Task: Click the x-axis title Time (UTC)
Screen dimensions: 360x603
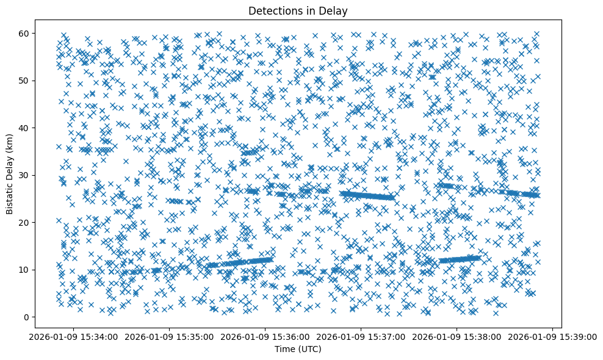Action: click(x=298, y=349)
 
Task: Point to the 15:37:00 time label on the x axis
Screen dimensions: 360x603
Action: click(x=361, y=336)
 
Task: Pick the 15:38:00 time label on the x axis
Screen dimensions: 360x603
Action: click(x=457, y=336)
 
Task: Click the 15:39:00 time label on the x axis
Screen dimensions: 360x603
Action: click(x=553, y=336)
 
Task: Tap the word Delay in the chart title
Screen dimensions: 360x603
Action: click(x=334, y=10)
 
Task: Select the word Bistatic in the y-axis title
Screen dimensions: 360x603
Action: click(x=10, y=196)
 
